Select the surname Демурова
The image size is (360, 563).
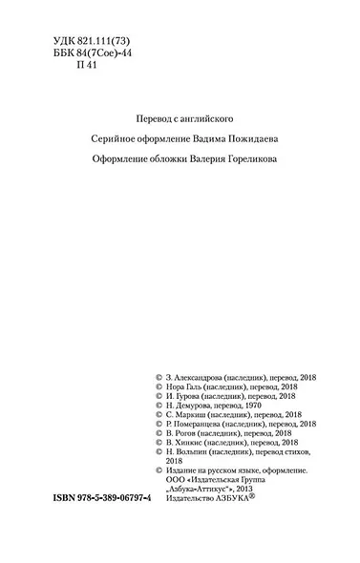[197, 409]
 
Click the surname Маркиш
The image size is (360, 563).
[194, 421]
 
